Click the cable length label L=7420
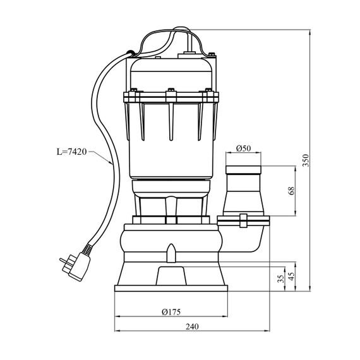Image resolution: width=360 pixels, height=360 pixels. pos(72,152)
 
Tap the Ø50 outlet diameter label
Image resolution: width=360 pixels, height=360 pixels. pos(244,148)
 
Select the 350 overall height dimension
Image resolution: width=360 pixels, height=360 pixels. pos(306,160)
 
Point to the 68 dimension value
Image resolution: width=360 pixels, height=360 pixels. pos(291,191)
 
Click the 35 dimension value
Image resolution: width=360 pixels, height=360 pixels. pos(280,279)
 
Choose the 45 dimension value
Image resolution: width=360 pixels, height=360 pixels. pos(291,277)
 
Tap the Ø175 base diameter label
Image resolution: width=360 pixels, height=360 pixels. pos(171,312)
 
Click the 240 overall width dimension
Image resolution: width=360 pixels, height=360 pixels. pos(192,327)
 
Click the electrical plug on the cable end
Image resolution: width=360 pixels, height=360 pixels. pos(75,266)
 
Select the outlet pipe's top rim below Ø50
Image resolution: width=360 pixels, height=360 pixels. pos(243,170)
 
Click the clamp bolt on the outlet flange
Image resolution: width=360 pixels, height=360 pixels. pos(243,220)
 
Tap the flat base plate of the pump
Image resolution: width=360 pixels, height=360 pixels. pos(171,289)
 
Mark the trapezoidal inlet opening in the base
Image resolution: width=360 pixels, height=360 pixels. pos(171,276)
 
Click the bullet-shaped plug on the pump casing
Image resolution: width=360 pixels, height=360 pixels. pos(171,253)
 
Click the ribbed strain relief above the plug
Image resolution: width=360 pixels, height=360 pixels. pos(87,249)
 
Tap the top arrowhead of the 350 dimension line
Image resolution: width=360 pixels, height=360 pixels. pos(310,32)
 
